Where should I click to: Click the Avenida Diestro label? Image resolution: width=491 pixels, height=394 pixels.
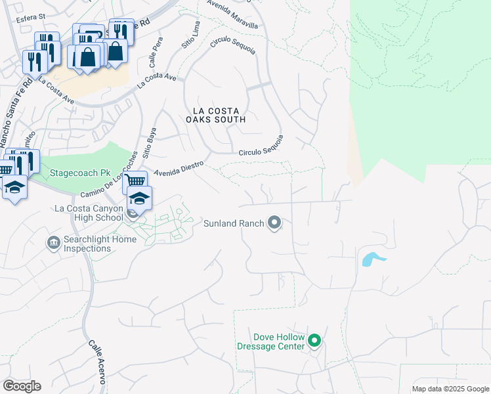coord(179,168)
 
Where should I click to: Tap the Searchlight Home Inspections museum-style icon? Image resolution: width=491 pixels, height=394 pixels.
coord(53,244)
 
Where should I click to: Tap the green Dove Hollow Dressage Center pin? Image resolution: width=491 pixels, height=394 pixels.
coord(314,341)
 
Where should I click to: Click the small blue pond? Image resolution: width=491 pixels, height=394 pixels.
coord(372,259)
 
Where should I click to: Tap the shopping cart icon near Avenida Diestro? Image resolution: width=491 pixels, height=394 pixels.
coord(135,181)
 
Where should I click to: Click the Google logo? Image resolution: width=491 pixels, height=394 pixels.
coord(22,386)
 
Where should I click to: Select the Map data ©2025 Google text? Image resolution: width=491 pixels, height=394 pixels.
coord(450,389)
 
